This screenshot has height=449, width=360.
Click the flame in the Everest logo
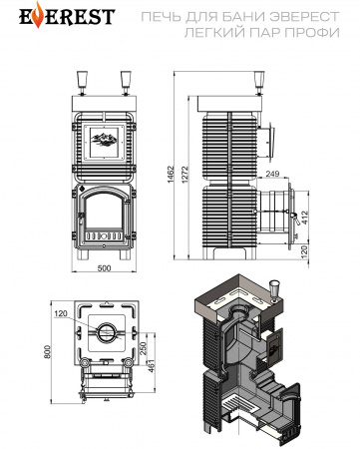pos(39,15)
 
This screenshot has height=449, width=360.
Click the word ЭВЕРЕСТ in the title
pos(304,16)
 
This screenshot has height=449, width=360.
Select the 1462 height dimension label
pos(172,175)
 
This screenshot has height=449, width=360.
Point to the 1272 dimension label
pos(185,175)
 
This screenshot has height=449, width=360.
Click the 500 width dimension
pos(105,268)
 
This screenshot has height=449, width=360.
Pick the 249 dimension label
pos(272,174)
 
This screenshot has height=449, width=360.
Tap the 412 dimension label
pos(304,218)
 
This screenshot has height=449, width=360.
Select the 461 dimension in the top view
pos(152,365)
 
